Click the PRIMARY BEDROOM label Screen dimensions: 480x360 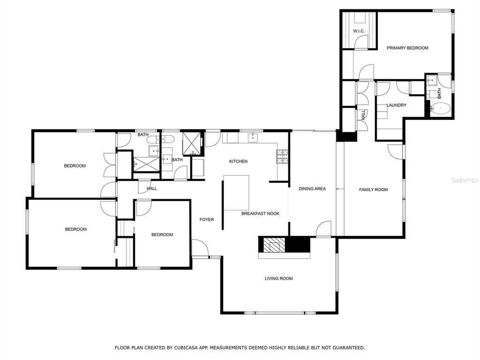click(x=407, y=48)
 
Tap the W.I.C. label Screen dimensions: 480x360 click(x=359, y=31)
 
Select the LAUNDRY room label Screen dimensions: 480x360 click(x=397, y=105)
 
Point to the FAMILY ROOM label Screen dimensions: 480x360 click(x=374, y=189)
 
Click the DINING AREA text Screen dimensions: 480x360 click(x=312, y=188)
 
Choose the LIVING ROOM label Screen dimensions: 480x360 click(x=278, y=278)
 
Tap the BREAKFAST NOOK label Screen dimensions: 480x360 click(x=260, y=213)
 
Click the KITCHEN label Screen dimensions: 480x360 click(x=238, y=161)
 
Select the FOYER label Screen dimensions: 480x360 click(x=207, y=219)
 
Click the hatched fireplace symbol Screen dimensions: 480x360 click(x=271, y=245)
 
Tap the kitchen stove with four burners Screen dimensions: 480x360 click(x=282, y=157)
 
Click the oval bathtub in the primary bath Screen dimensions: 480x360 click(x=441, y=108)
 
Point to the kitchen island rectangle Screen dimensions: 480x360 click(x=236, y=193)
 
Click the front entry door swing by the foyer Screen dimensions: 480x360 click(x=200, y=247)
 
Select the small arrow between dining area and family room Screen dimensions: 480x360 click(x=338, y=189)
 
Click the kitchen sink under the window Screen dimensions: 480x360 click(x=253, y=138)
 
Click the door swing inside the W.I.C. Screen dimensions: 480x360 click(x=361, y=42)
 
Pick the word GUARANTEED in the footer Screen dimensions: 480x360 click(x=347, y=347)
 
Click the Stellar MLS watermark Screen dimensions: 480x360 click(x=465, y=180)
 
